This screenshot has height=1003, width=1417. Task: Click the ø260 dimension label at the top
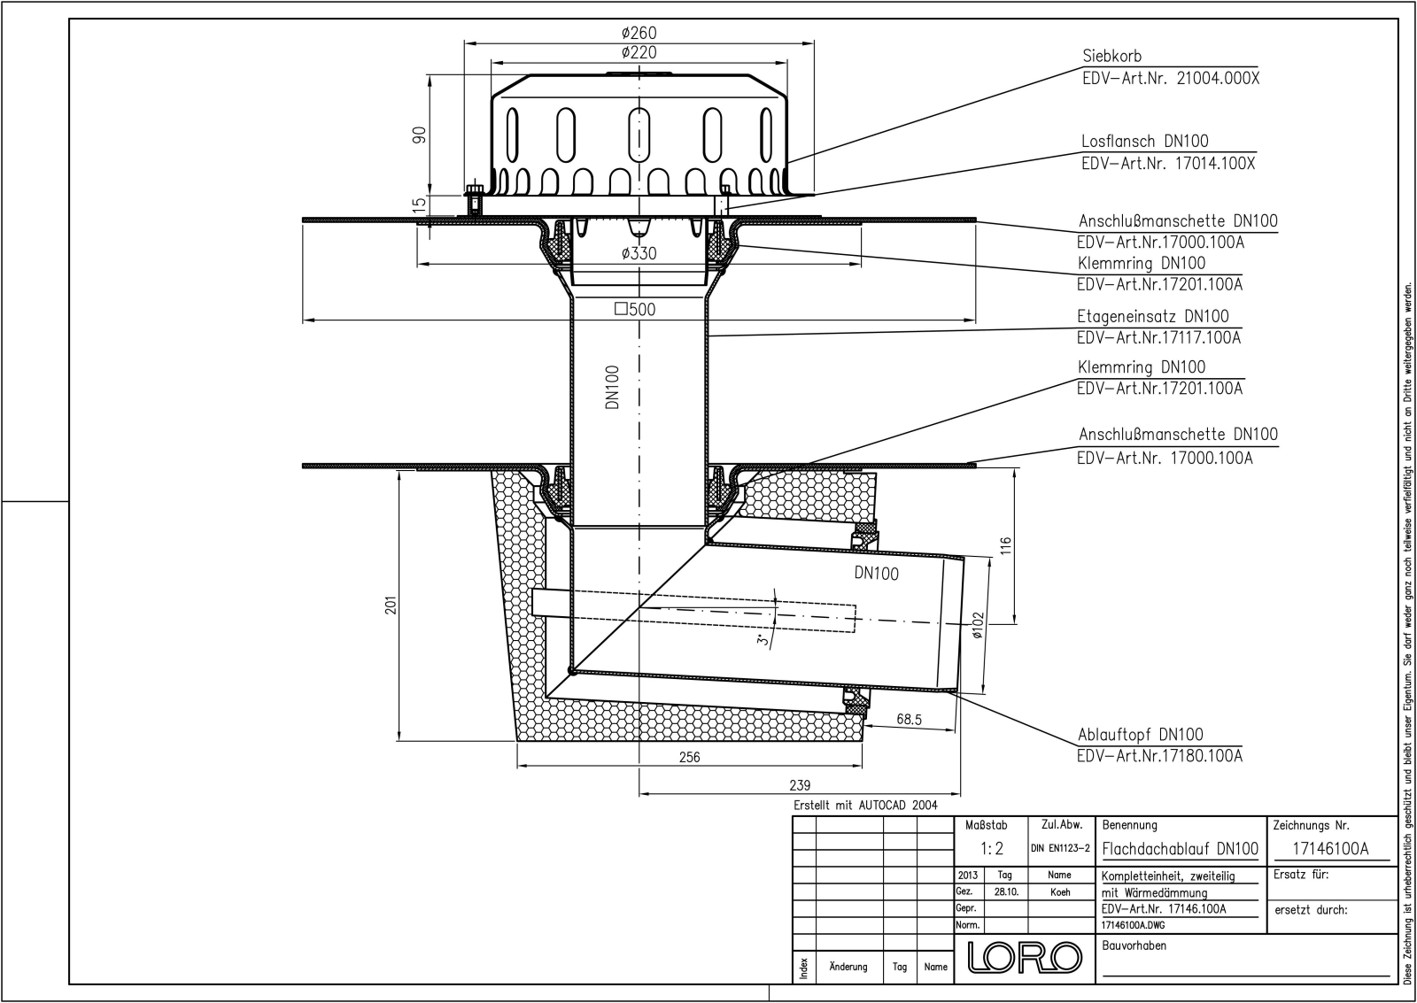(639, 32)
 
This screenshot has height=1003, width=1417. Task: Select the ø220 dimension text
(639, 52)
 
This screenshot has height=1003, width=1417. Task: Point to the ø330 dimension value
(639, 253)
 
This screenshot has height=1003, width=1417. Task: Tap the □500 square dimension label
(635, 309)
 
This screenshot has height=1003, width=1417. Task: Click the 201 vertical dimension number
(391, 606)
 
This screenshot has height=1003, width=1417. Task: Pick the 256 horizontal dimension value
(689, 757)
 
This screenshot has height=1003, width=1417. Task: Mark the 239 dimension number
(800, 785)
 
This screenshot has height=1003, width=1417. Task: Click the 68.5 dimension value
(909, 719)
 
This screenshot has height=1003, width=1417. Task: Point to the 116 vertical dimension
(1006, 545)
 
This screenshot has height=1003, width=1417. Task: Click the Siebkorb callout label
(1112, 57)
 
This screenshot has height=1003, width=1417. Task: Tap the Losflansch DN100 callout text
(1145, 141)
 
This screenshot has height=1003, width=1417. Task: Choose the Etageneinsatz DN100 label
(1153, 316)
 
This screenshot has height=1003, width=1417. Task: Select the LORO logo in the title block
(1025, 958)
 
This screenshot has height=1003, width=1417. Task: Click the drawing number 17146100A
(1330, 849)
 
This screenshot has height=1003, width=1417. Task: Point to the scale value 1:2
(992, 849)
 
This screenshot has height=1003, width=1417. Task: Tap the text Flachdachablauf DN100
(1181, 849)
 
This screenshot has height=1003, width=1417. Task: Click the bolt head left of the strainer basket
(474, 189)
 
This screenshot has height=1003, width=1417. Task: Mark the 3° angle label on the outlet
(763, 639)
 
